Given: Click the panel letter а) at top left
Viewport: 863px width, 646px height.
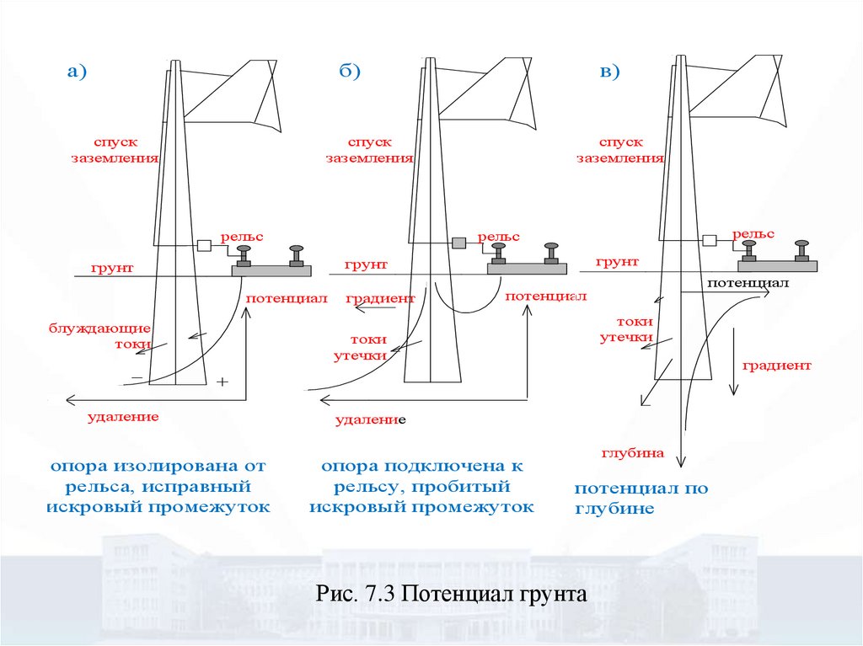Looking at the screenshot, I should coord(78,72).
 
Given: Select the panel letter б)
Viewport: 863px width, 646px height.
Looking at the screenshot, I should coord(350,72).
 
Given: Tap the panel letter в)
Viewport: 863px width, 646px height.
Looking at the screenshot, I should coord(608,72).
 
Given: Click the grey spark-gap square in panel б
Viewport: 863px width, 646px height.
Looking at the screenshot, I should coord(458,243).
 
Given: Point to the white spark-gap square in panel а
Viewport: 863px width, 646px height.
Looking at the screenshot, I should coord(203,246).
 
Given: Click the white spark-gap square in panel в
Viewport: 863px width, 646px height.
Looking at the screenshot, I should coord(710,240).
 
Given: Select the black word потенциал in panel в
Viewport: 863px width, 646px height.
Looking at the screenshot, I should coord(748,285).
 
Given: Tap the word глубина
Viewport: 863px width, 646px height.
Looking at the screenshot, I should coord(633,453).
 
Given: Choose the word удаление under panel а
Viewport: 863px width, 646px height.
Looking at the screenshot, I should coord(123,416).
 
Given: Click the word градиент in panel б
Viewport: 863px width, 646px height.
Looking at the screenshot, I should coord(381,298).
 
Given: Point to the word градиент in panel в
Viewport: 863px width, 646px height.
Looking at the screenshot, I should coord(777,366).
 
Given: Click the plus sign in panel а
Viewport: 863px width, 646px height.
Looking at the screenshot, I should coord(222,382).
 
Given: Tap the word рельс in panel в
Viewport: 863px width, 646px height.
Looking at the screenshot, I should coord(753,233).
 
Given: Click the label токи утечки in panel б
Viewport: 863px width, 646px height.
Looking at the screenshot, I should coord(367,347).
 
